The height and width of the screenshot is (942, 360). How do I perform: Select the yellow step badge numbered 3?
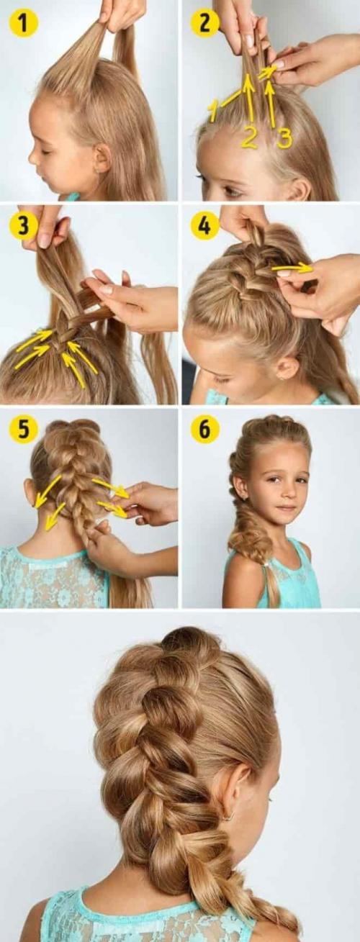pos(24,225)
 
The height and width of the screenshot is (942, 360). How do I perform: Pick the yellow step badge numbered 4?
pos(204,225)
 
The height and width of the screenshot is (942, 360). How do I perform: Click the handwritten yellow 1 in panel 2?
pos(214,111)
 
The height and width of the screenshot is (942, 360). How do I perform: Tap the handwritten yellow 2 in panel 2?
pos(249,137)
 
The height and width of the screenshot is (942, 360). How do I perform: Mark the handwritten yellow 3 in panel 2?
pos(284,138)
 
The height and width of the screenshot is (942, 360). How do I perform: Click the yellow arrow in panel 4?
pos(292,268)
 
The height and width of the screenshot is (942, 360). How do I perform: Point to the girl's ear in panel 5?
pos(30,492)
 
